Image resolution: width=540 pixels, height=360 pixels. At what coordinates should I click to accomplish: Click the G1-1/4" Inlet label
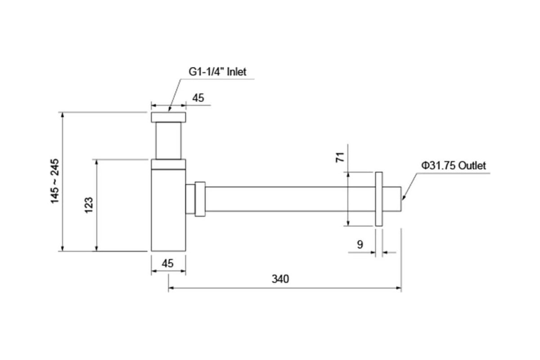[x=217, y=72]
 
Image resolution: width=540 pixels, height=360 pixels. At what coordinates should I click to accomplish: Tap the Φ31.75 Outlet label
[x=454, y=166]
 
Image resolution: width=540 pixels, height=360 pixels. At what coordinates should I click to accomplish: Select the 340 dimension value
[x=280, y=279]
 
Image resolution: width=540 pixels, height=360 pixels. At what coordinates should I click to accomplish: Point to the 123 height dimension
[x=89, y=205]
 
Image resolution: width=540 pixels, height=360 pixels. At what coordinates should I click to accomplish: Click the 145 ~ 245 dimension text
[x=54, y=181]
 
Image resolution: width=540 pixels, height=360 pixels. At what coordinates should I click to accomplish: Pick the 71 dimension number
[x=340, y=157]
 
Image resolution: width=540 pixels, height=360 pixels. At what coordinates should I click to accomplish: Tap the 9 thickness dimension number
[x=360, y=244]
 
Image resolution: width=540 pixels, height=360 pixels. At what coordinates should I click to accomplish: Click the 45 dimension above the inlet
[x=198, y=98]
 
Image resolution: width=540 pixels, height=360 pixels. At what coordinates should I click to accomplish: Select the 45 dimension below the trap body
[x=167, y=263]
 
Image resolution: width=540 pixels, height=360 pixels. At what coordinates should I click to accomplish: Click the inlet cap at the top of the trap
[x=168, y=117]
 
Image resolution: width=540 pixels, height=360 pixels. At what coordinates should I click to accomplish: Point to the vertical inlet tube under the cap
[x=168, y=141]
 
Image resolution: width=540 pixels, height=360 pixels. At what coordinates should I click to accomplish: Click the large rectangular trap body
[x=168, y=210]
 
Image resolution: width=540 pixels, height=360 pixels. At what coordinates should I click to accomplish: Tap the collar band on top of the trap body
[x=168, y=164]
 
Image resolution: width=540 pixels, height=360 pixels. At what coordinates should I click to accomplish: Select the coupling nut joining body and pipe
[x=200, y=199]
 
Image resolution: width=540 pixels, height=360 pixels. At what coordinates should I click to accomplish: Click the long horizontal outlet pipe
[x=290, y=199]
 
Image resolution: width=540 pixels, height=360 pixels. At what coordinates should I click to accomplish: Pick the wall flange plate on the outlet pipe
[x=379, y=199]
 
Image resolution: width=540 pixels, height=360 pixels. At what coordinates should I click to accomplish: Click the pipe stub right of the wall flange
[x=392, y=199]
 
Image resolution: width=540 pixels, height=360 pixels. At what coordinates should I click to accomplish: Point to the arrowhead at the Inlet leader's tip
[x=170, y=109]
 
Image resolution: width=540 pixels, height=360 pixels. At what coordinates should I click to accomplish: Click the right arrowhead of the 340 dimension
[x=399, y=288]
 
